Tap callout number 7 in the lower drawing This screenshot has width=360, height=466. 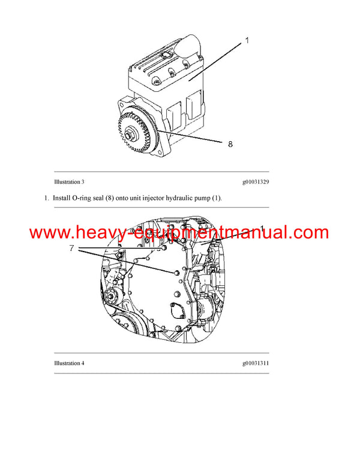(71, 247)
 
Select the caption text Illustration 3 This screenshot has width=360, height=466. (69, 181)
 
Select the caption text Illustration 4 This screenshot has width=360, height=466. (69, 363)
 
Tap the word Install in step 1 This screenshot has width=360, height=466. (62, 198)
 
